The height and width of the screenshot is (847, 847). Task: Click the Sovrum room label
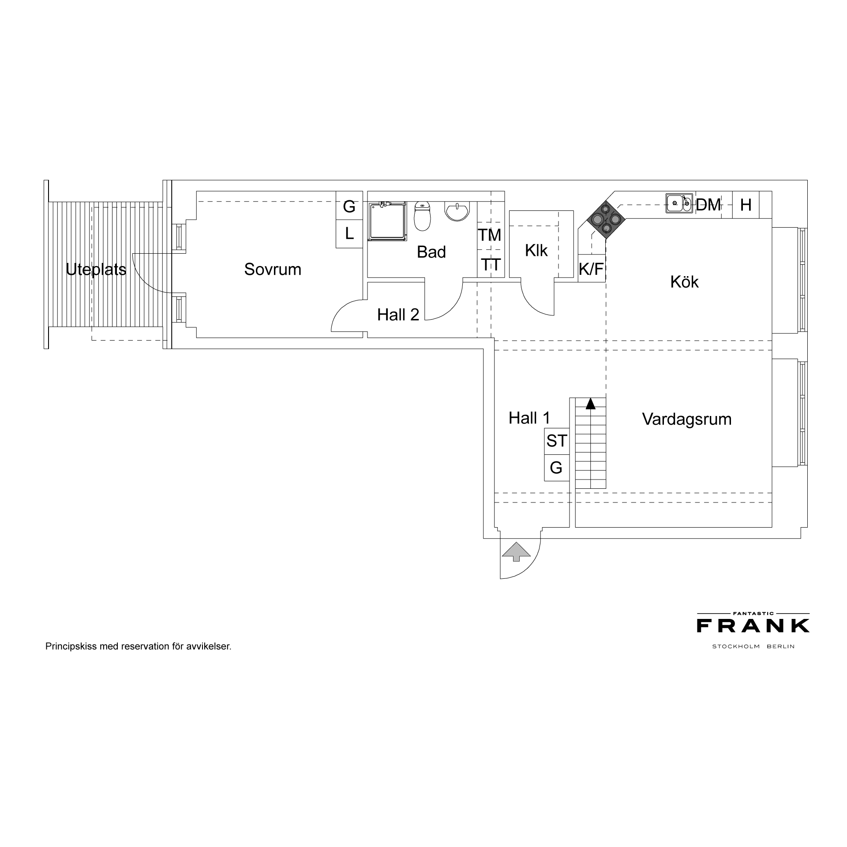pyautogui.click(x=273, y=269)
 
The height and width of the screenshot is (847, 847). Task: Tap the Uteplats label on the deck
pyautogui.click(x=96, y=269)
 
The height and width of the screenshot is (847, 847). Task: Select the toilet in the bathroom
pyautogui.click(x=422, y=216)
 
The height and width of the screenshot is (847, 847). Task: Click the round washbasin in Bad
pyautogui.click(x=458, y=211)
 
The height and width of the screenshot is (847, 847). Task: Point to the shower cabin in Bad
pyautogui.click(x=387, y=221)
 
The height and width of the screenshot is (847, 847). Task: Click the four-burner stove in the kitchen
pyautogui.click(x=606, y=219)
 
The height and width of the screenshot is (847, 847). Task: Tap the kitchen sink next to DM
pyautogui.click(x=679, y=203)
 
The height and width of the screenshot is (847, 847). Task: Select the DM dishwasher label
pyautogui.click(x=708, y=205)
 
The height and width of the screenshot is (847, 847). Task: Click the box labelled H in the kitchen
pyautogui.click(x=746, y=205)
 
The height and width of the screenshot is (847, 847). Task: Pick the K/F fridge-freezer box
pyautogui.click(x=591, y=268)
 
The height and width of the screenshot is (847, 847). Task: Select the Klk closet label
pyautogui.click(x=536, y=251)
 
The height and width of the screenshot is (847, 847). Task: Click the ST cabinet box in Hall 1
pyautogui.click(x=557, y=441)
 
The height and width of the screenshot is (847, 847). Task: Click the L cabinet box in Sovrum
pyautogui.click(x=349, y=234)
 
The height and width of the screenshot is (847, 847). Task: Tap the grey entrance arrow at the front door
pyautogui.click(x=516, y=552)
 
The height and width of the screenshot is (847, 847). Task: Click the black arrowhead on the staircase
pyautogui.click(x=590, y=403)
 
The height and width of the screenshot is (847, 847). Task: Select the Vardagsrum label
pyautogui.click(x=687, y=419)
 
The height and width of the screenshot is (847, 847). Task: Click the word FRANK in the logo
pyautogui.click(x=753, y=626)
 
